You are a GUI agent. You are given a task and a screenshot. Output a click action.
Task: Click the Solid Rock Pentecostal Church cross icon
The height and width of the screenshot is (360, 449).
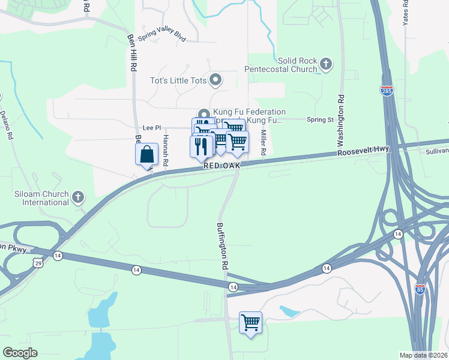click(x=326, y=64)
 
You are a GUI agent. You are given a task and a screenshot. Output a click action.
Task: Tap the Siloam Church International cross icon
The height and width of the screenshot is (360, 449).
click(x=77, y=197)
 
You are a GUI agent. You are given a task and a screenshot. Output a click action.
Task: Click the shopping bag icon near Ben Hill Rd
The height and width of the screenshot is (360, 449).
click(x=147, y=155)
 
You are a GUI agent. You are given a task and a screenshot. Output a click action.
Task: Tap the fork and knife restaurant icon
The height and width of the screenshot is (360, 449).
click(x=201, y=146)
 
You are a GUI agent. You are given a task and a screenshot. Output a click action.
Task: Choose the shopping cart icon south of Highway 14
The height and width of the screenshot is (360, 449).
click(x=250, y=322)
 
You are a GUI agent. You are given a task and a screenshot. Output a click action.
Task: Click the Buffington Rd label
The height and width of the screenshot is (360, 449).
click(x=223, y=247)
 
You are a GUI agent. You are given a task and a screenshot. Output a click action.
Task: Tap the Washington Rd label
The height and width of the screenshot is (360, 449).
click(x=340, y=121)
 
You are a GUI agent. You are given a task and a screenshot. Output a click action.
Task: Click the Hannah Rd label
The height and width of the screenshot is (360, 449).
click(x=165, y=149)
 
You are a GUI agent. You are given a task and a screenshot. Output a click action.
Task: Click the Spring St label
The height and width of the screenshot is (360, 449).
click(x=321, y=120)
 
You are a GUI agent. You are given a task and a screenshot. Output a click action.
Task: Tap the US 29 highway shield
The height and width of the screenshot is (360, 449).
click(x=38, y=263)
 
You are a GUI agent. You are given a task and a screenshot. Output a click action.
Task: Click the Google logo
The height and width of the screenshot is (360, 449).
click(x=20, y=353)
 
